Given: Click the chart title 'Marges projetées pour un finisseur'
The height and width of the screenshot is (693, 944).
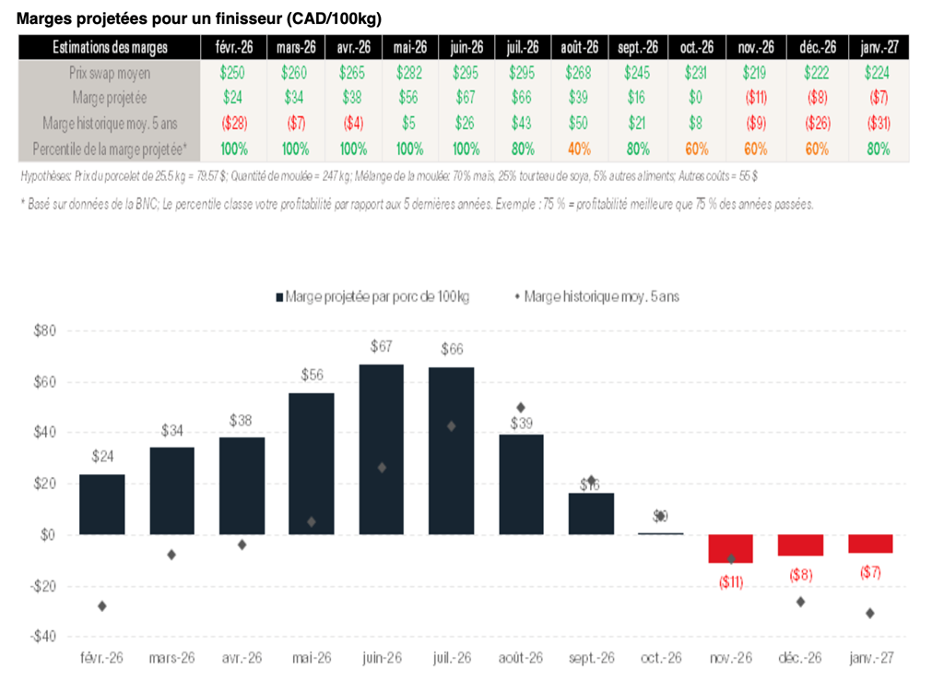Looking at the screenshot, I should tap(199, 18).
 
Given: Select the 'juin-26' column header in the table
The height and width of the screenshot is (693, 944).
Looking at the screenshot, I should tap(466, 47).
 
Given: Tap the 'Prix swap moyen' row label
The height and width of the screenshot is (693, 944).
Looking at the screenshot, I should tap(110, 72).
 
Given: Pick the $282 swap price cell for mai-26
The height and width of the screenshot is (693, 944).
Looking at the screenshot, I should tap(408, 72).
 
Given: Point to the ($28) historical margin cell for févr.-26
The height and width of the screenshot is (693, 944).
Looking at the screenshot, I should tap(234, 123).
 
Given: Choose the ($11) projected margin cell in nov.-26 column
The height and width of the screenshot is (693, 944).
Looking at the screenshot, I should tap(754, 97).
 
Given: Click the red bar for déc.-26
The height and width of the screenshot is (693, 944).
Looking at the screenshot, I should tap(800, 544).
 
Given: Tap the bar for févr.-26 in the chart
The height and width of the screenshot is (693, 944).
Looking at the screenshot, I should tap(102, 504).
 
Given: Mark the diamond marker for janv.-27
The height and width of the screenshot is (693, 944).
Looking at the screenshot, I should tap(870, 613).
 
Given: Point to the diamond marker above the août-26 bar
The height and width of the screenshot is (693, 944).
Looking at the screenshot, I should tap(521, 407).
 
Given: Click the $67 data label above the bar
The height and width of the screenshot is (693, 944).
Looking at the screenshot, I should tap(382, 347).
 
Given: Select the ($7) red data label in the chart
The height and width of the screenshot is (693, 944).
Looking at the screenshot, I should tap(870, 573).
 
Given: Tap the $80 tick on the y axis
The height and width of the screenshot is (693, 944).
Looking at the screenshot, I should tap(44, 330).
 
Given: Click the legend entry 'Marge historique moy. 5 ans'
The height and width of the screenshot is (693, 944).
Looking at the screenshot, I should tap(599, 296).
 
